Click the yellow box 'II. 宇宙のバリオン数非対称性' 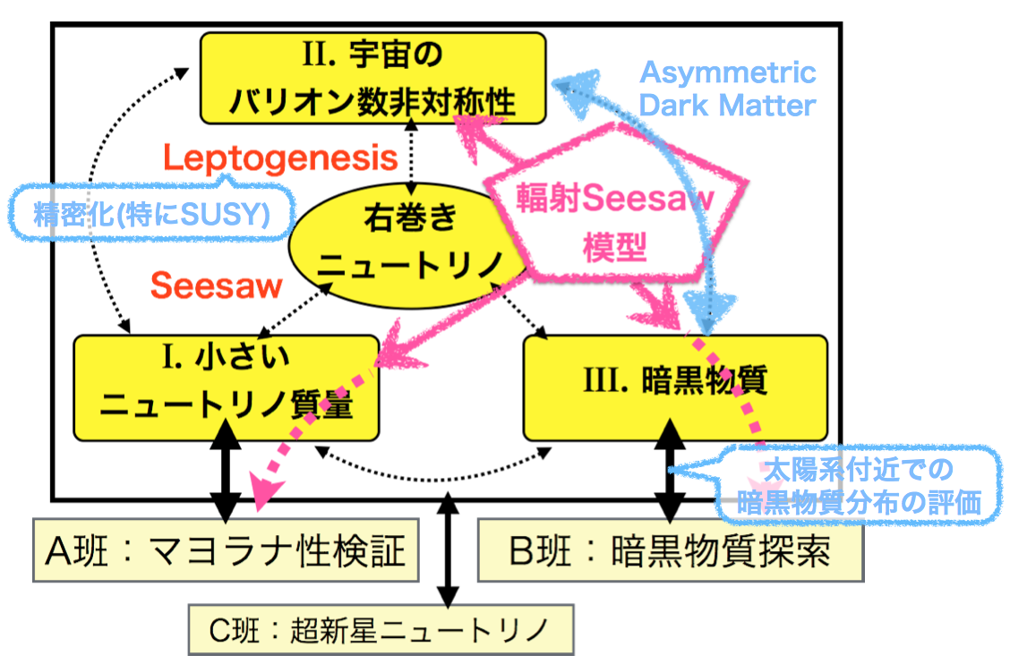click(372, 78)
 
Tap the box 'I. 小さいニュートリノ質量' click(225, 387)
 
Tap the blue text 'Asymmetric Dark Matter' click(727, 89)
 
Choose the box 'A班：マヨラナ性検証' click(225, 549)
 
